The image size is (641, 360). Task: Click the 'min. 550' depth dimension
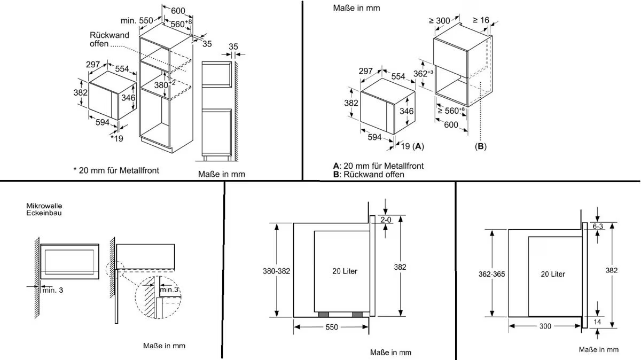[137, 20]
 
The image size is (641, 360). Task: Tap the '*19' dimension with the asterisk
[116, 138]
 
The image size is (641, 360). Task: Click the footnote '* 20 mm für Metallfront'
[116, 170]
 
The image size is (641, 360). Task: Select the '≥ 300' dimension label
[439, 21]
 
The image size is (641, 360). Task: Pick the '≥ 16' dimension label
[481, 20]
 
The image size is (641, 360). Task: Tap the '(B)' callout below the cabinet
[481, 146]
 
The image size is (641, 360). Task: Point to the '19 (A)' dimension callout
[411, 146]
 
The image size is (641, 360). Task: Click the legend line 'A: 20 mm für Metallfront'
[378, 166]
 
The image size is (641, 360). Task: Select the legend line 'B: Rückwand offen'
[369, 174]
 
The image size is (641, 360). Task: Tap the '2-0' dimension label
[386, 220]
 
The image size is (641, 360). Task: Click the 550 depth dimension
[331, 327]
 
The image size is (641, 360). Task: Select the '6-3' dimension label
[598, 226]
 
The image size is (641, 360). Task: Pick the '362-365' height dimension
[491, 274]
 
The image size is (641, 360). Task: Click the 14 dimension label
[597, 322]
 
